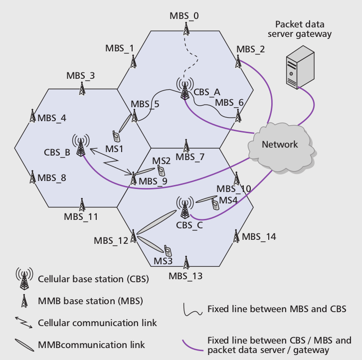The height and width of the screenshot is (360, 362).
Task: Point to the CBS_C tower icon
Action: click(x=184, y=207)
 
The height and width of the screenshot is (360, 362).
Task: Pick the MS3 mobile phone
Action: click(x=169, y=250)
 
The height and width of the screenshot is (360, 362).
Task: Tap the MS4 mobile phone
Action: click(x=215, y=204)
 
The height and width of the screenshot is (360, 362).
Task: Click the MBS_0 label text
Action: click(x=184, y=15)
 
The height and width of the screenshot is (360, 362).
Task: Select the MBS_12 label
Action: click(x=111, y=241)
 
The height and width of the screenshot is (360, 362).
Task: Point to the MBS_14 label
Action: click(x=259, y=236)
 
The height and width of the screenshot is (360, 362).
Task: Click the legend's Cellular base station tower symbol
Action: click(x=24, y=279)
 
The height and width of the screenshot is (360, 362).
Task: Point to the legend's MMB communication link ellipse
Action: click(x=24, y=344)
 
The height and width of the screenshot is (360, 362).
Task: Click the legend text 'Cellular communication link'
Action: click(x=97, y=323)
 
